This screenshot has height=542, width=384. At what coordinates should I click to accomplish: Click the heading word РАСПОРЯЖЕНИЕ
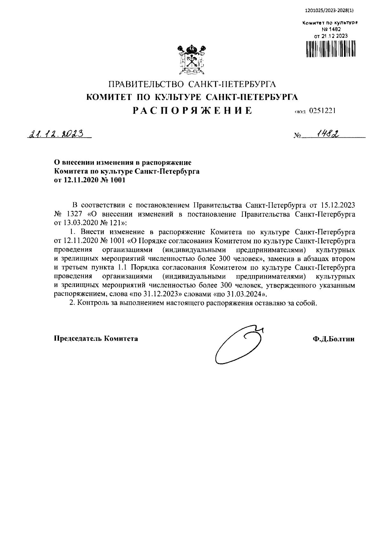click(x=193, y=111)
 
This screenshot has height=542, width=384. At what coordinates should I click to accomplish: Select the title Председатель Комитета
click(x=96, y=338)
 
